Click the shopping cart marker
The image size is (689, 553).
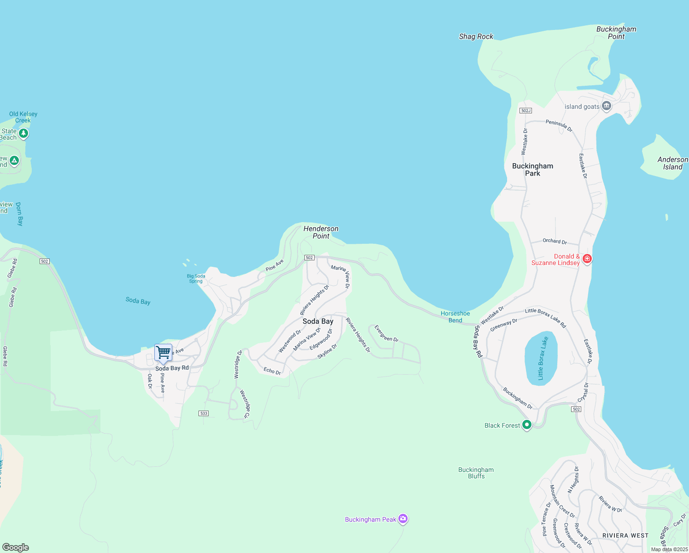coord(163,353)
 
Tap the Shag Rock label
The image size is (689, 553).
coord(476,36)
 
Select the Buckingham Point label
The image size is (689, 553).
coord(616,33)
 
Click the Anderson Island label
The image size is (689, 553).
coord(672,163)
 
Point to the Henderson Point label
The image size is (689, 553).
coord(321,232)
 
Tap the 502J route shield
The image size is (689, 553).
coord(526,111)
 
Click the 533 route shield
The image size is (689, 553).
coord(204,413)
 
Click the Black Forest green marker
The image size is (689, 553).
coord(527,425)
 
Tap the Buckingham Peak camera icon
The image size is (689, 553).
coord(403,519)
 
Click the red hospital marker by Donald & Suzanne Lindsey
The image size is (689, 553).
coord(587,259)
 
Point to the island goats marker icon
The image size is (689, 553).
coord(607,106)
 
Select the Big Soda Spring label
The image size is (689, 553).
coord(196,278)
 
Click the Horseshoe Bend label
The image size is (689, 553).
coord(455,317)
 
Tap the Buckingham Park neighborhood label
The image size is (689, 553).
coord(532,170)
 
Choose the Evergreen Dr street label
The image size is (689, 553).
coord(386,333)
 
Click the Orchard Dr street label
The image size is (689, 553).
coord(555,241)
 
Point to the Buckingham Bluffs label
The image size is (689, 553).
coord(476,473)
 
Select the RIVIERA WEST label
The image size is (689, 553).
coord(625,535)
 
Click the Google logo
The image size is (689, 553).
coord(16,547)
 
